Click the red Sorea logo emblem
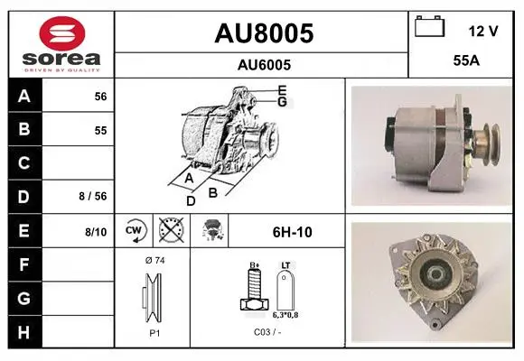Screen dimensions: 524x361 click(x=62, y=33)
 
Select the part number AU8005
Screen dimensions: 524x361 click(x=264, y=33)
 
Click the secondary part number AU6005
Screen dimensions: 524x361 click(x=264, y=65)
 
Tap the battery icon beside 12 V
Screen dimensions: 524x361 click(x=430, y=27)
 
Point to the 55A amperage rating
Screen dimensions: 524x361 click(x=466, y=60)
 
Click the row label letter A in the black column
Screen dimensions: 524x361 click(x=24, y=97)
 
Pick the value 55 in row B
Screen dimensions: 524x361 click(x=100, y=130)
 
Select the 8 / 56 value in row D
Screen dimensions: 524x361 click(x=93, y=196)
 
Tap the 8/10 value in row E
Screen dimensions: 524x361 click(x=96, y=232)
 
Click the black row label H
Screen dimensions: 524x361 click(x=23, y=332)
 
